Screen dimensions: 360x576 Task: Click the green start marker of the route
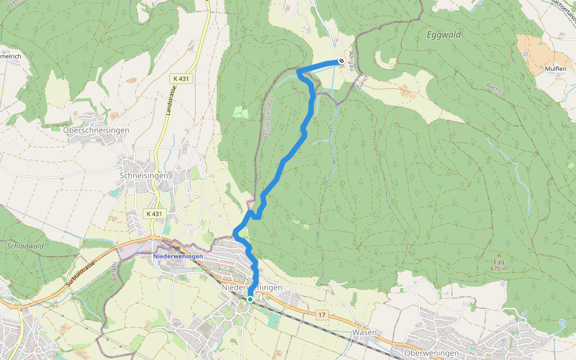250,299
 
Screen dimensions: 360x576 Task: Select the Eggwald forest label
444,35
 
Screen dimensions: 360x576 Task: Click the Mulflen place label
555,69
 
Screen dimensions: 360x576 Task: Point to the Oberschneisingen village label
96,130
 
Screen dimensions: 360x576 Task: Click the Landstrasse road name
170,102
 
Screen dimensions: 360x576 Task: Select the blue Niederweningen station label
178,256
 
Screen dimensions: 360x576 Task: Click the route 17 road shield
322,315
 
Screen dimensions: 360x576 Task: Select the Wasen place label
365,332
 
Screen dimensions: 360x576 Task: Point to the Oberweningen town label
431,353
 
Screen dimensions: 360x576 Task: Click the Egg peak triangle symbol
499,254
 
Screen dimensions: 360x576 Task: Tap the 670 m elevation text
499,269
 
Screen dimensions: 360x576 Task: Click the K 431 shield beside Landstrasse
181,79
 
